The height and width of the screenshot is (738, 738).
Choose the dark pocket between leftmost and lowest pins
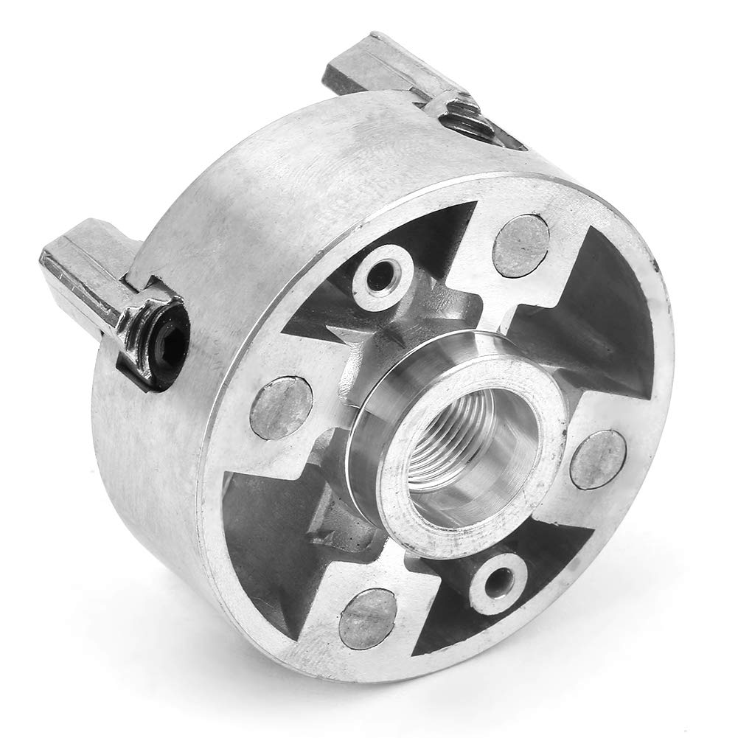(x=265, y=531)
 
